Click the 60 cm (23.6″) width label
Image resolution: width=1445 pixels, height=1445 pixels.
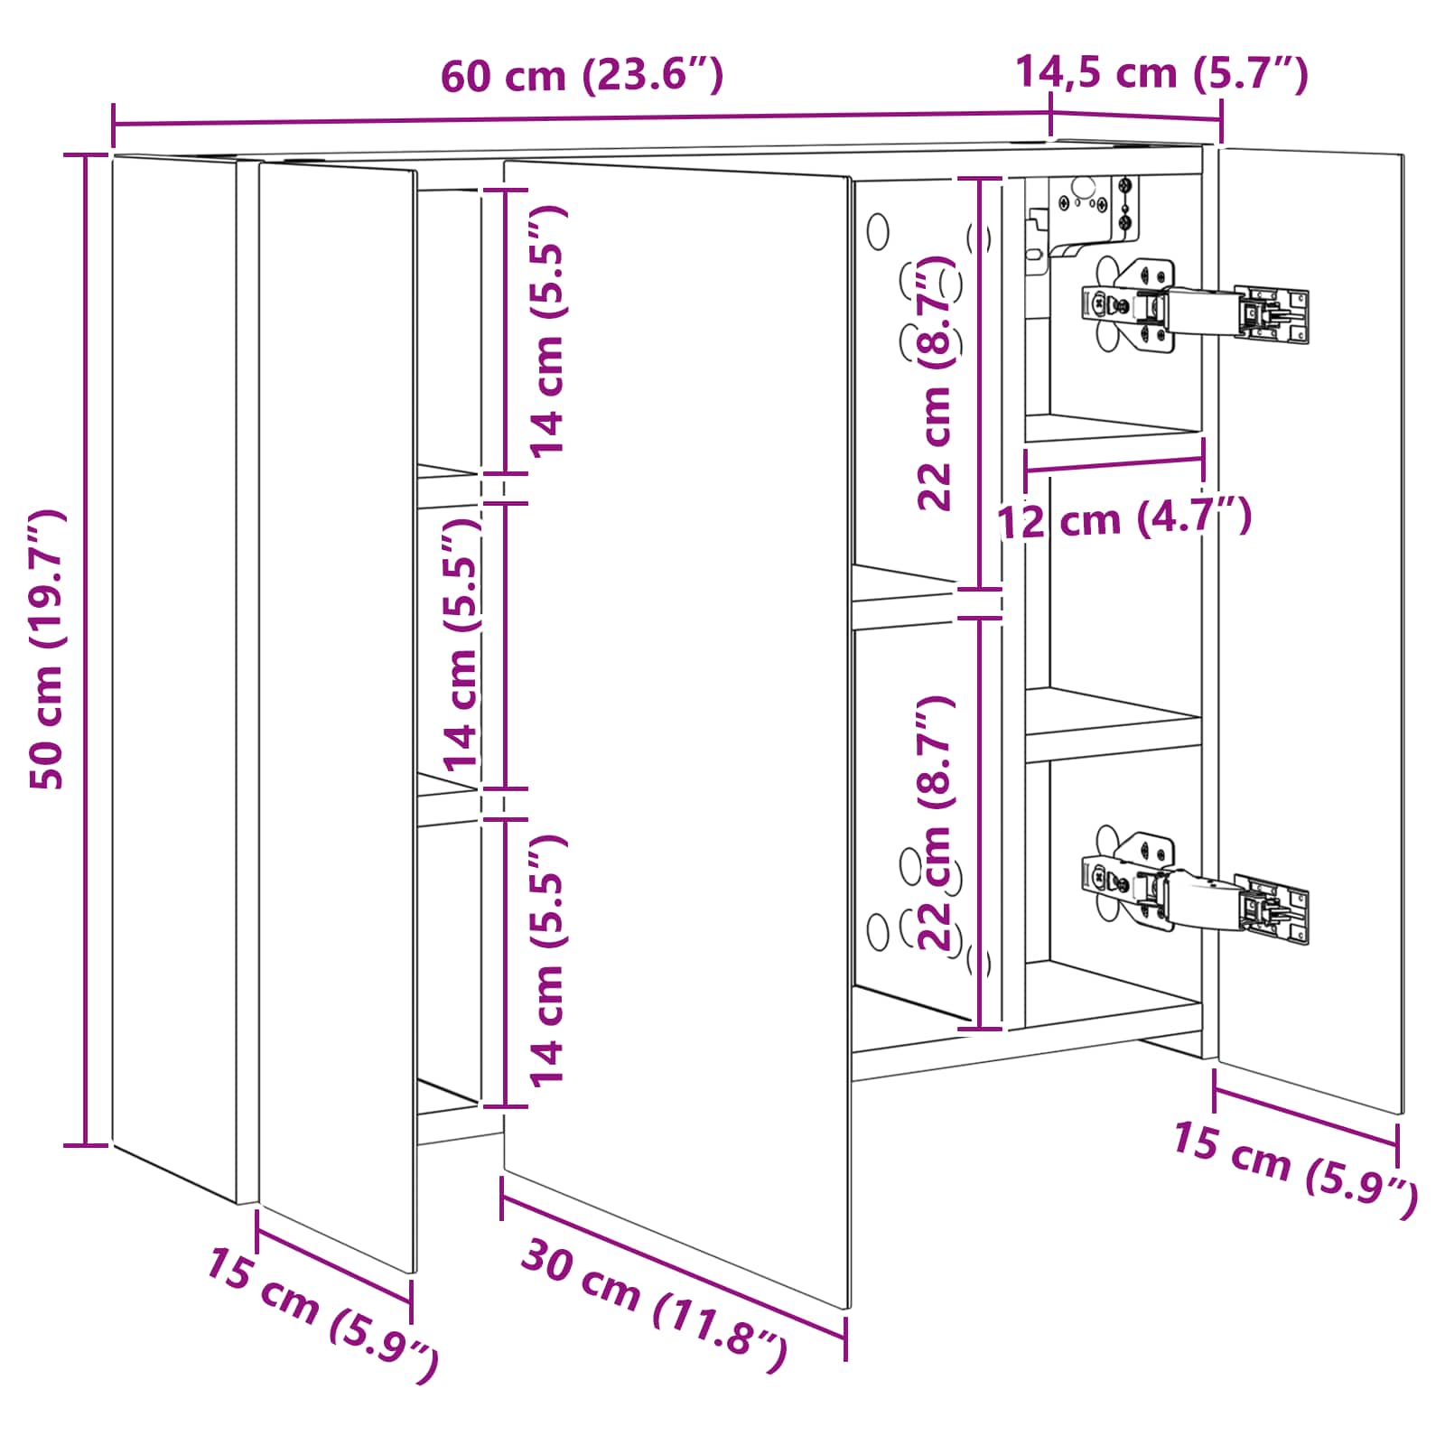[x=582, y=75]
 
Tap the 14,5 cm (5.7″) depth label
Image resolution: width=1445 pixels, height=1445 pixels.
[x=1162, y=72]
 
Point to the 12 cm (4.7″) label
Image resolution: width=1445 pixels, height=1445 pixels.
[x=1124, y=518]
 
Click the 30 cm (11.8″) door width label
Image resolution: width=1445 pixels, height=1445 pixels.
[x=655, y=1306]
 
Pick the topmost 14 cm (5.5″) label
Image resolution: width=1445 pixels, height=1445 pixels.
[x=547, y=331]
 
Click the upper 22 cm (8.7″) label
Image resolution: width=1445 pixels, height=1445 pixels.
[x=936, y=384]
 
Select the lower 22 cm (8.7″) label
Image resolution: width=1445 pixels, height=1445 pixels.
[x=936, y=823]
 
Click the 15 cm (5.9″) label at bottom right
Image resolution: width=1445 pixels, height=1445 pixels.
[x=1295, y=1170]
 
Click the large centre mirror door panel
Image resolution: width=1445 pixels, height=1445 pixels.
[x=677, y=732]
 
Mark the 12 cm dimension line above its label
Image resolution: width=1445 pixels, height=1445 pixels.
[x=1114, y=464]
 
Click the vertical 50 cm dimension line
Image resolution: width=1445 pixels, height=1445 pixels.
[x=86, y=650]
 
